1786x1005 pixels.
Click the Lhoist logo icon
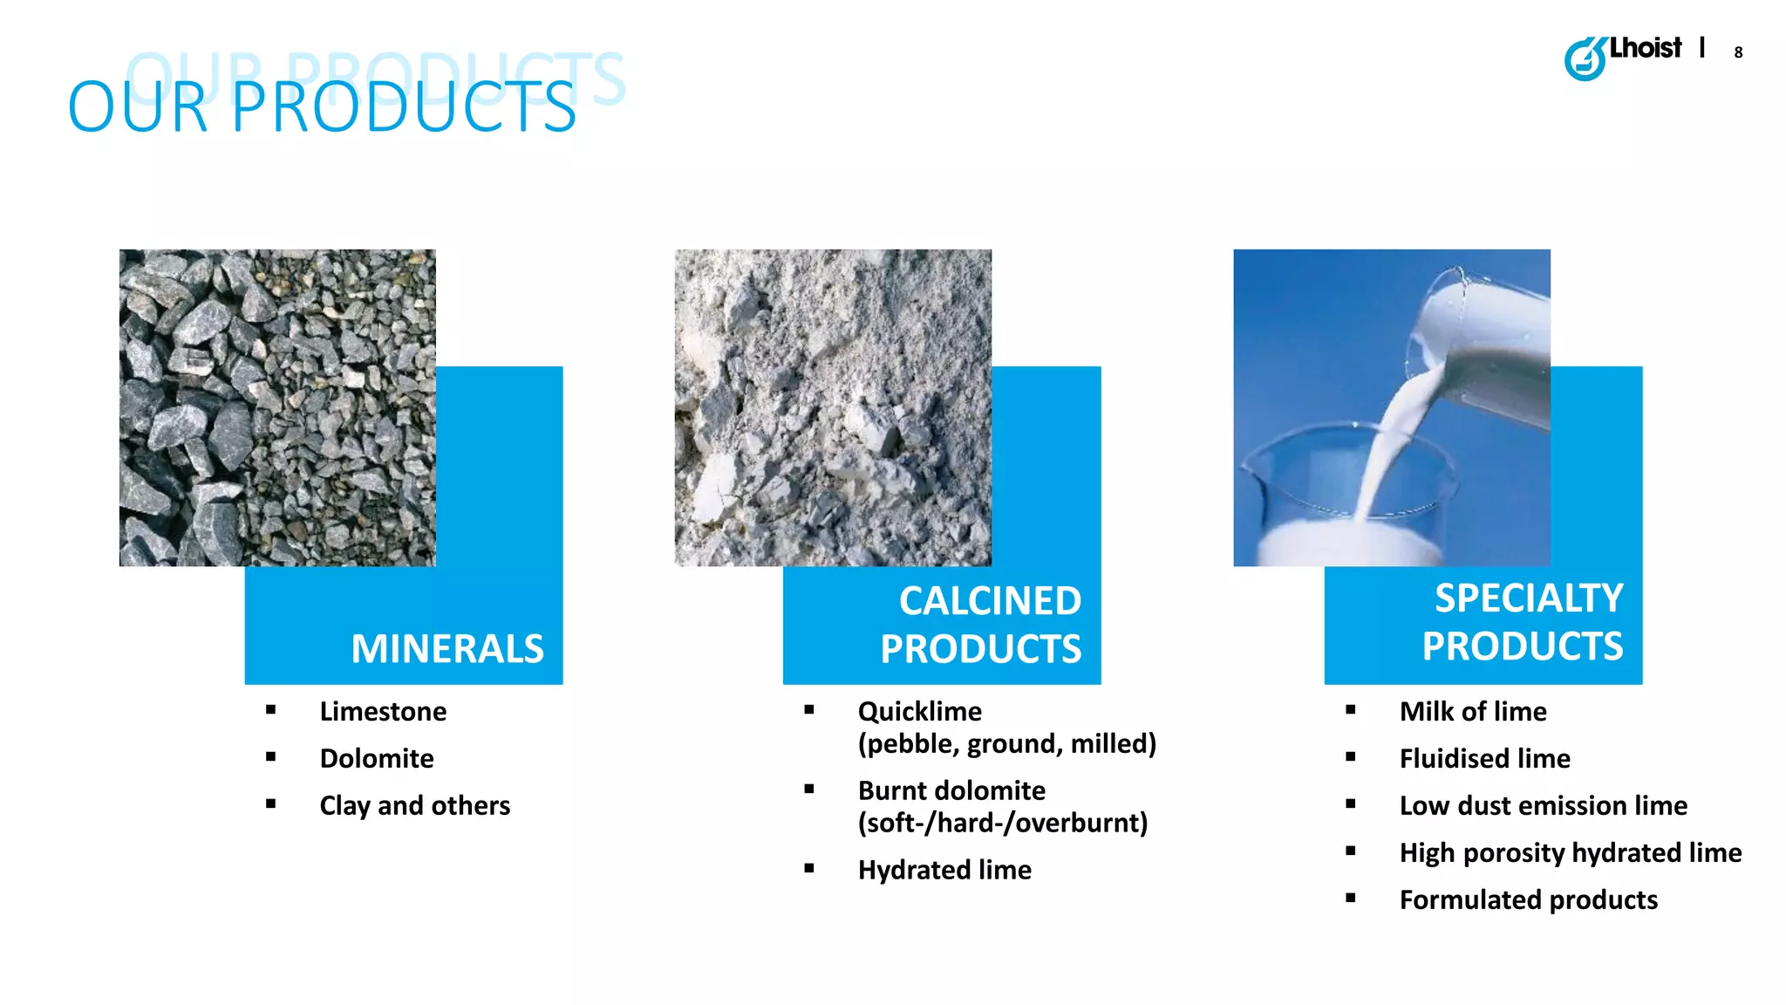click(x=1585, y=59)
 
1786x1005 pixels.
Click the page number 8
click(x=1738, y=53)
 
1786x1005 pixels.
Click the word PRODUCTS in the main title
click(x=403, y=107)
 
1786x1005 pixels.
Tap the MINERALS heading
click(x=446, y=649)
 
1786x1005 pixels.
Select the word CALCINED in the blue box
click(x=990, y=601)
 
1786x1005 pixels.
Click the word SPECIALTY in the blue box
click(x=1529, y=598)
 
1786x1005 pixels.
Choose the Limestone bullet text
click(x=383, y=712)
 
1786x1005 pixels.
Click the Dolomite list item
click(x=377, y=759)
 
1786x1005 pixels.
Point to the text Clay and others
click(x=414, y=805)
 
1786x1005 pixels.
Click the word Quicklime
click(x=919, y=712)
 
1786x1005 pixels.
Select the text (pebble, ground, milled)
click(x=1006, y=744)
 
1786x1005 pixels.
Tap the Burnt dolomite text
click(x=951, y=790)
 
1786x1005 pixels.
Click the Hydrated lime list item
click(x=944, y=870)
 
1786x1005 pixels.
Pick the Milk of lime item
click(x=1473, y=712)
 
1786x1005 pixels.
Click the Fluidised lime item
click(x=1484, y=759)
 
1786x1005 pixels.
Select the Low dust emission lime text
click(x=1543, y=806)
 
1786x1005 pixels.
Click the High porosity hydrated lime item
click(x=1570, y=852)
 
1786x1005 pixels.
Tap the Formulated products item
click(x=1528, y=899)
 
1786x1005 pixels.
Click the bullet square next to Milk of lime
click(x=1351, y=710)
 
